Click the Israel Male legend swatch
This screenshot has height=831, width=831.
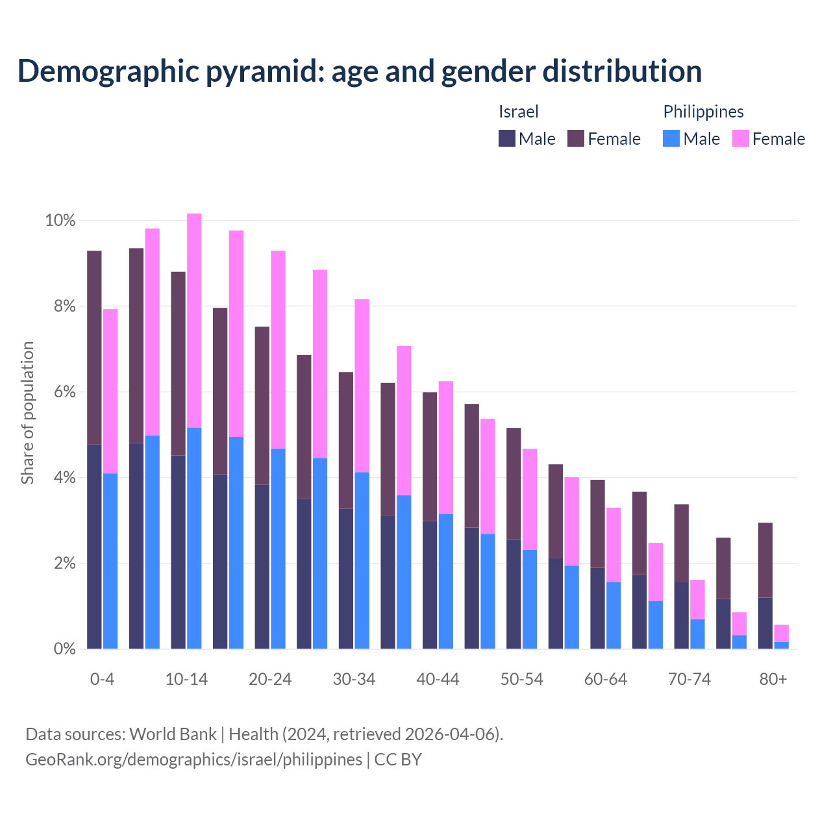click(x=507, y=138)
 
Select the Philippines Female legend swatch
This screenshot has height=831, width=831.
click(x=741, y=138)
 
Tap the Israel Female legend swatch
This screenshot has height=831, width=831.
click(x=576, y=138)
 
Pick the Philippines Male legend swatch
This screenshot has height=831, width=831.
click(x=671, y=138)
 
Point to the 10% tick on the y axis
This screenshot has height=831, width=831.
click(x=60, y=221)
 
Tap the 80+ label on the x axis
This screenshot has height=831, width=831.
click(x=773, y=679)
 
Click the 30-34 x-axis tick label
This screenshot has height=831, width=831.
click(x=354, y=679)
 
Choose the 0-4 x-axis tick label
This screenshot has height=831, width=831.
click(x=102, y=679)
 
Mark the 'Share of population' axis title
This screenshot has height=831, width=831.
click(x=27, y=413)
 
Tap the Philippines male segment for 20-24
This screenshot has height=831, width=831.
click(x=278, y=549)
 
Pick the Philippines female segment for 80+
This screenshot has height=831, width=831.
click(x=782, y=633)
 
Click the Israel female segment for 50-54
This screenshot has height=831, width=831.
click(x=514, y=484)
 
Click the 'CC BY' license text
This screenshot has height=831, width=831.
click(x=398, y=760)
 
